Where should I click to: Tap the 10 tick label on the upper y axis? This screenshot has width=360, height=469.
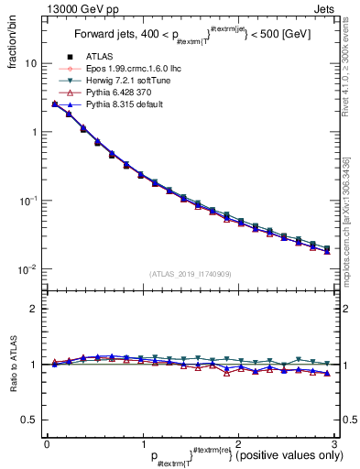(x=29, y=64)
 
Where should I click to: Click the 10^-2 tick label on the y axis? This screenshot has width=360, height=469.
(x=27, y=268)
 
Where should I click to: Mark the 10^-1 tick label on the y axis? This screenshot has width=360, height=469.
(x=27, y=200)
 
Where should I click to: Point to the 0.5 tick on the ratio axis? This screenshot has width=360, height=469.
(x=27, y=420)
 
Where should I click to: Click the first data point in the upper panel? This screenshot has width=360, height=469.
(x=55, y=104)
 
